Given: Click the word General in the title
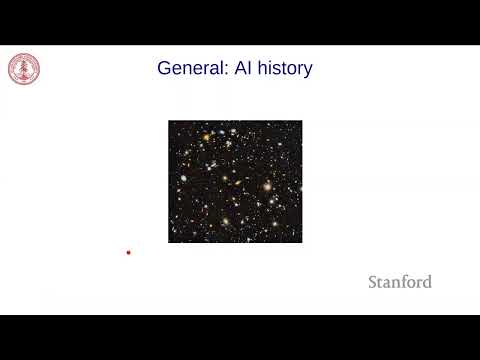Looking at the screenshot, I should (187, 69).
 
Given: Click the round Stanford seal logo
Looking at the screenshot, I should (24, 69).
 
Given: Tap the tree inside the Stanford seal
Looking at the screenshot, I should (24, 69).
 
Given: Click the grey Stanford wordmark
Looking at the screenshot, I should (400, 282).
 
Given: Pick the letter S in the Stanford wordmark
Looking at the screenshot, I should (373, 282).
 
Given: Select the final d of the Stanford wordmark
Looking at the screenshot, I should (427, 282).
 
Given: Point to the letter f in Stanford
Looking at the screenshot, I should (398, 282).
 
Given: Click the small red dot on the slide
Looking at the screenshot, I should (128, 253).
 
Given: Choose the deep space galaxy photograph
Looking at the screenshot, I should (235, 182).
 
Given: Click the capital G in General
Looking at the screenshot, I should (165, 69).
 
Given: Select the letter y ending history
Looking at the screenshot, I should (308, 71).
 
